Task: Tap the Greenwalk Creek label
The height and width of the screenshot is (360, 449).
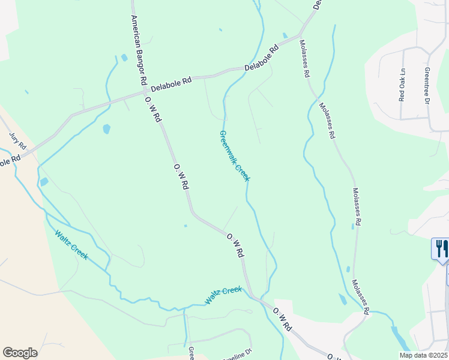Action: pos(235,155)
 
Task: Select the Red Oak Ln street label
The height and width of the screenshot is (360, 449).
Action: pos(402,85)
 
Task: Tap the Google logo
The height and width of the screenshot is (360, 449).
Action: pos(20,352)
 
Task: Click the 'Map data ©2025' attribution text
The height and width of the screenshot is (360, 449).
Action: pos(423,355)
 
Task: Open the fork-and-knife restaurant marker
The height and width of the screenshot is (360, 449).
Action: pos(439,248)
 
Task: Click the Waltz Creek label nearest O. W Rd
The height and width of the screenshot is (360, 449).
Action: pos(223,295)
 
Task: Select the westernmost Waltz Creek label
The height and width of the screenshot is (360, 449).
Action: pos(71,245)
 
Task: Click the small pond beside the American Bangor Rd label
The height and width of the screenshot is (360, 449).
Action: pos(124,58)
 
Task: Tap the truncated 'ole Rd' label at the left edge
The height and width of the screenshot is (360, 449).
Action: pos(10,161)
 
